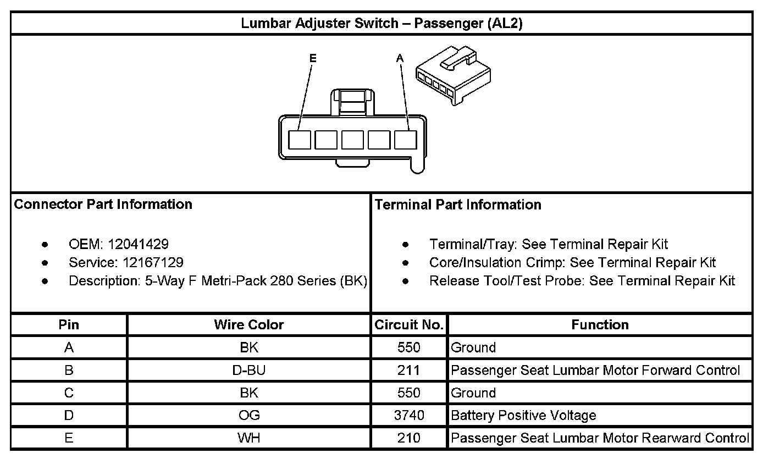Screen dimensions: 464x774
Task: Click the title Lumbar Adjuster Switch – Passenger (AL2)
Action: (x=382, y=24)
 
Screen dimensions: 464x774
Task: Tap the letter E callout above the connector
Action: (x=313, y=58)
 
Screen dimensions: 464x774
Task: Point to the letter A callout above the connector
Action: (x=400, y=58)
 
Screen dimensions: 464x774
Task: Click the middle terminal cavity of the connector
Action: (x=352, y=140)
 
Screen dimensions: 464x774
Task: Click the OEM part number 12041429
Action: (x=138, y=244)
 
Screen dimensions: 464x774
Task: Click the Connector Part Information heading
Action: (x=103, y=205)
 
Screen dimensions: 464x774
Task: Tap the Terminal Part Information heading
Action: (x=458, y=205)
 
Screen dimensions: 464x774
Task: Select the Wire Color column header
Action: (x=248, y=325)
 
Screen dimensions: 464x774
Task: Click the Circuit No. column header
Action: (x=409, y=325)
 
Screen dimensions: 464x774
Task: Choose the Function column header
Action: (x=600, y=325)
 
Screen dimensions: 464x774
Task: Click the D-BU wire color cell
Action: (x=248, y=371)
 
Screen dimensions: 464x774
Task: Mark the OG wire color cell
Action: (x=248, y=416)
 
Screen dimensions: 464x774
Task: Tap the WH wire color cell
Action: (x=248, y=438)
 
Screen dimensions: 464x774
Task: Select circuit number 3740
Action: (x=409, y=416)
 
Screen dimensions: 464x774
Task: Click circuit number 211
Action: (x=409, y=371)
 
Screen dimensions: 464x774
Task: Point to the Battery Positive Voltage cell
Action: (x=523, y=416)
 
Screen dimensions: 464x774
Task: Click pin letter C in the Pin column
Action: (x=69, y=393)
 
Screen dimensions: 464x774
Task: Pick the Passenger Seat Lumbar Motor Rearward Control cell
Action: (x=600, y=438)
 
